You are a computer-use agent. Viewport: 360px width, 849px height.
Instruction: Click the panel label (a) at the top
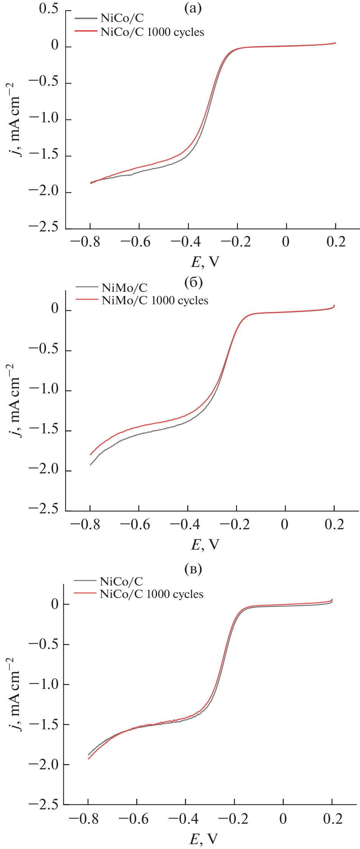[193, 8]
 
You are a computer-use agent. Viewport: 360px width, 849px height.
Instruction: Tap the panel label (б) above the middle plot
[194, 282]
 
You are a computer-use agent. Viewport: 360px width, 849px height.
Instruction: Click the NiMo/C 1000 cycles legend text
[155, 300]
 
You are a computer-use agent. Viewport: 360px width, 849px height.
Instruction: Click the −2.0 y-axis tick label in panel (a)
[44, 191]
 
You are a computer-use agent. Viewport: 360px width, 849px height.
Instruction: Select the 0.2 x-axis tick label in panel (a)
[336, 242]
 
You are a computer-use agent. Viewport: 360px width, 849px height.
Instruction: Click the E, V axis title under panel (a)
[205, 262]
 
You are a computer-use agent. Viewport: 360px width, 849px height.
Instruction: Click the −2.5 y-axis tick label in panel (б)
[44, 509]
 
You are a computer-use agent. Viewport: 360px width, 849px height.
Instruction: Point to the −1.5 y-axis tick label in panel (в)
[44, 724]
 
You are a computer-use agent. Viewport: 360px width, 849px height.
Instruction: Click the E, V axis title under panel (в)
[203, 839]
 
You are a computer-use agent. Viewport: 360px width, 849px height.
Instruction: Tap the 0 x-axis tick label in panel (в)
[283, 819]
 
